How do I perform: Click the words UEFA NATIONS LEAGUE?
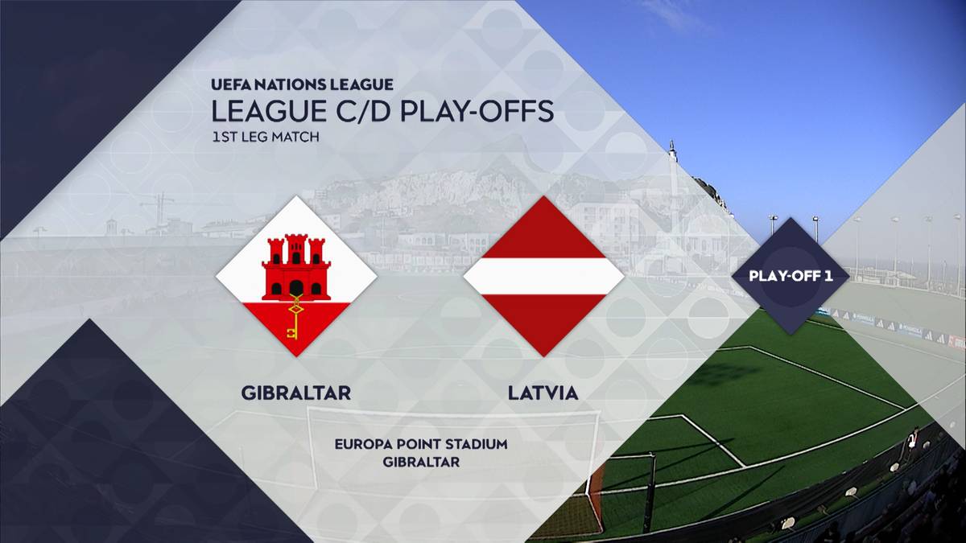tap(302, 84)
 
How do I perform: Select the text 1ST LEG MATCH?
tap(266, 137)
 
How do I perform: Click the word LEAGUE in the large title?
tap(269, 111)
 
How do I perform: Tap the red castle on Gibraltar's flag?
tap(296, 267)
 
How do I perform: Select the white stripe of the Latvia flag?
tap(544, 276)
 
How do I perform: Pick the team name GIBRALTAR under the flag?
tap(296, 393)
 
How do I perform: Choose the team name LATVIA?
tap(543, 393)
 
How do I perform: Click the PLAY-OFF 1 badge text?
tap(791, 276)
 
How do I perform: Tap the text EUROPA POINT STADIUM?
tap(421, 444)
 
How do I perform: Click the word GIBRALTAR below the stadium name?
tap(421, 462)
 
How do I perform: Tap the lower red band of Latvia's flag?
tap(544, 319)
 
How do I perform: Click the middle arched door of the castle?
tap(296, 288)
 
